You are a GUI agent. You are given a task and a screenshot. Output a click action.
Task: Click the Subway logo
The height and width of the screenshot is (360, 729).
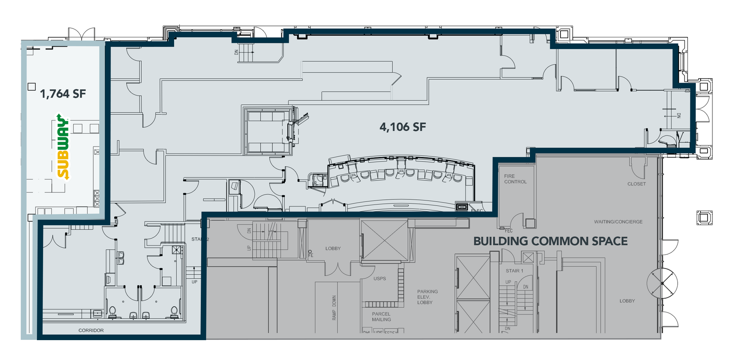tap(63, 146)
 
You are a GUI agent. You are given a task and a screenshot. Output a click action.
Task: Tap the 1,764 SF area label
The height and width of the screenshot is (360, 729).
tap(63, 94)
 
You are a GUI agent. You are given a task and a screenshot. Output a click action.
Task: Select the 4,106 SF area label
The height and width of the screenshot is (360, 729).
tap(403, 127)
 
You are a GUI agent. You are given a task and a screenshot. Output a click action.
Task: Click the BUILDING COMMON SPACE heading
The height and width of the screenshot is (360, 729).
tap(550, 241)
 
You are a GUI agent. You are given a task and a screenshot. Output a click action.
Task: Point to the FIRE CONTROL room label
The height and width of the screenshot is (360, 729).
tap(515, 179)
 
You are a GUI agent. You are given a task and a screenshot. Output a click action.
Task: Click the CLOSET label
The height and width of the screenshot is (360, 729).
tap(636, 184)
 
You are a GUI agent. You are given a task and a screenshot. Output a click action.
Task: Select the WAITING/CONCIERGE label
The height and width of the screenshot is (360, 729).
tap(618, 222)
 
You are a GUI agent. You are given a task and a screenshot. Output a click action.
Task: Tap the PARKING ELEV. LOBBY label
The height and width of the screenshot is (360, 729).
tap(427, 297)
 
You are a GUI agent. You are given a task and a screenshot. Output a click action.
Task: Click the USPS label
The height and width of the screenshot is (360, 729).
tap(379, 279)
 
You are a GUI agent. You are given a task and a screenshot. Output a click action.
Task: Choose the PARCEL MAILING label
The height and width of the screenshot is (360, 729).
tap(381, 317)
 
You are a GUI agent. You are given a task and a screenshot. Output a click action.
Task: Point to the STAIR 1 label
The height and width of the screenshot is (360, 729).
tap(514, 271)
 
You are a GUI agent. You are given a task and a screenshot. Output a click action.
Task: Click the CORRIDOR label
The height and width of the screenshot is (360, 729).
tap(91, 330)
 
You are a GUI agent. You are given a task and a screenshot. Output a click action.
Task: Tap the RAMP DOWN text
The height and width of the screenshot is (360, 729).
tap(334, 308)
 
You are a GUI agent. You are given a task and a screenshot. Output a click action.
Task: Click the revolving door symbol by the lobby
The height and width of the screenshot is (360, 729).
tap(662, 283)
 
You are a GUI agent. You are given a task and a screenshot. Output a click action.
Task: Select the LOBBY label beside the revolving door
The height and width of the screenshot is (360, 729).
tap(627, 301)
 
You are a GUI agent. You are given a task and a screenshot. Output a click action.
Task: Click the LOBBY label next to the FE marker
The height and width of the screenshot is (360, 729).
tap(333, 249)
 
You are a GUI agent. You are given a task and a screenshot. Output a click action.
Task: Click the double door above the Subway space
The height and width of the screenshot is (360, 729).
tap(81, 34)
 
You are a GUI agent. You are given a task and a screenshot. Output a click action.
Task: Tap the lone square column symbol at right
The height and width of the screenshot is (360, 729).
tap(704, 218)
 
